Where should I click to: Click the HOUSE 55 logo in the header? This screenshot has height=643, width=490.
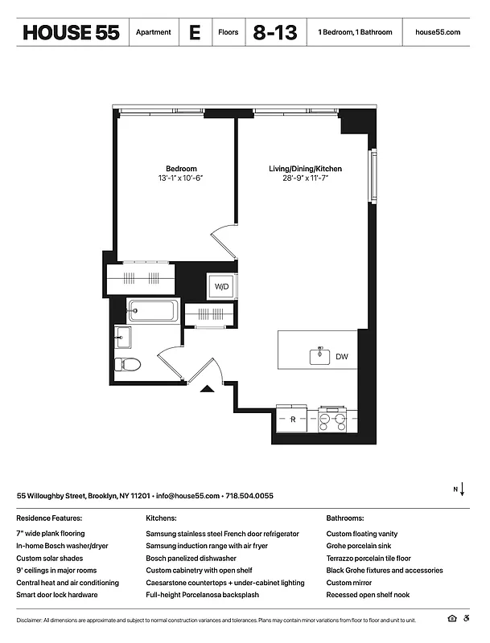(71, 33)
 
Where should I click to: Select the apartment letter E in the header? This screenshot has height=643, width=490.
(194, 33)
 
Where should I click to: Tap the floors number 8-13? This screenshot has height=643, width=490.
(274, 33)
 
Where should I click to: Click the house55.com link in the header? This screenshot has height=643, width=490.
(437, 33)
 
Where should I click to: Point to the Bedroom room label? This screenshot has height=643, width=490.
(181, 169)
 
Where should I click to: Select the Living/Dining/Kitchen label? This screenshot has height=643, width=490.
(305, 169)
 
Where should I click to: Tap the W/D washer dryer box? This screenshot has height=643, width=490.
(221, 286)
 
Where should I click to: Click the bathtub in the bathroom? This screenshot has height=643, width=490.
(154, 310)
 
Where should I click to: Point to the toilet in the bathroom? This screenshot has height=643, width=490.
(128, 364)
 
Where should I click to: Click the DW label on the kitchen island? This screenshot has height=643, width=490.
(342, 357)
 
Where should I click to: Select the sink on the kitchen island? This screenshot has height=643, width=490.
(319, 354)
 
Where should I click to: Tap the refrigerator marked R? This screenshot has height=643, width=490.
(294, 419)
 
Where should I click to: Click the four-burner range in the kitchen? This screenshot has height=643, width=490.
(332, 418)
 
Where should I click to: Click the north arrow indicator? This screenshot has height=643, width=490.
(459, 490)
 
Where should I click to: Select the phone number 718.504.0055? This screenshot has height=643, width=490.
(249, 496)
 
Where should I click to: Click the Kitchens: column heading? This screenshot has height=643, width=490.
(161, 519)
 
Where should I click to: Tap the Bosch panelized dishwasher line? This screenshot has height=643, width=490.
(191, 558)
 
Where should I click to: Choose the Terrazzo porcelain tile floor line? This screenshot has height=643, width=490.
(368, 558)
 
